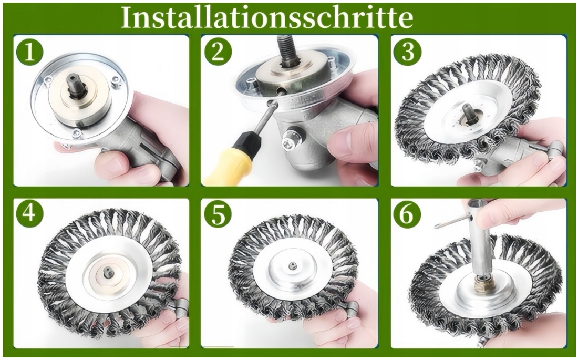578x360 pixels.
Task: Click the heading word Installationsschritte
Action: (x=267, y=17)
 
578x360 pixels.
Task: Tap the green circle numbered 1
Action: (x=29, y=52)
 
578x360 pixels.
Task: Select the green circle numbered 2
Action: (x=218, y=52)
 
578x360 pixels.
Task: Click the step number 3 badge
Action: (x=407, y=52)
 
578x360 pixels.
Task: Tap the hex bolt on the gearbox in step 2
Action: (x=292, y=139)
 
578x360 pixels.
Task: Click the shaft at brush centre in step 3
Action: (x=469, y=112)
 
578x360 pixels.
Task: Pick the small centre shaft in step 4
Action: (x=108, y=272)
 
